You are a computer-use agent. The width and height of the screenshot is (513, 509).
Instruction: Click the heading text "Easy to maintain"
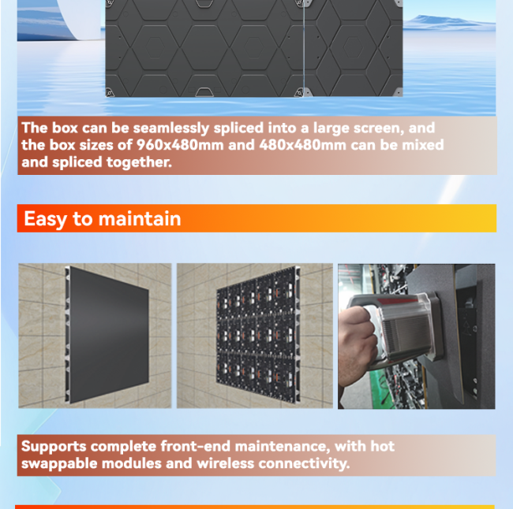click(103, 218)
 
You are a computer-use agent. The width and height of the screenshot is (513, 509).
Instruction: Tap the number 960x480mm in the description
click(180, 145)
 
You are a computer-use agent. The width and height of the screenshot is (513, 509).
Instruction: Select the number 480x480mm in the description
click(302, 145)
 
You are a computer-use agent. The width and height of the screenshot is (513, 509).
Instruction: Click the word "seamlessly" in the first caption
click(171, 128)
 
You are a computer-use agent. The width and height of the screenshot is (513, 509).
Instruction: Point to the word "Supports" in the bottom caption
click(54, 447)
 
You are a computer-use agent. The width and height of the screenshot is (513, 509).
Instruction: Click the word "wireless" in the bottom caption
click(226, 463)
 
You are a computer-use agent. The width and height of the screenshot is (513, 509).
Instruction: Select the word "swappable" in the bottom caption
click(59, 464)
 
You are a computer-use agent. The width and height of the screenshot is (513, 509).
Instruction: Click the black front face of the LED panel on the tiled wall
click(109, 335)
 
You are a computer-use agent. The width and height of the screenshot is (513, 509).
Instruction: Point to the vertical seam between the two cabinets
click(304, 48)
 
